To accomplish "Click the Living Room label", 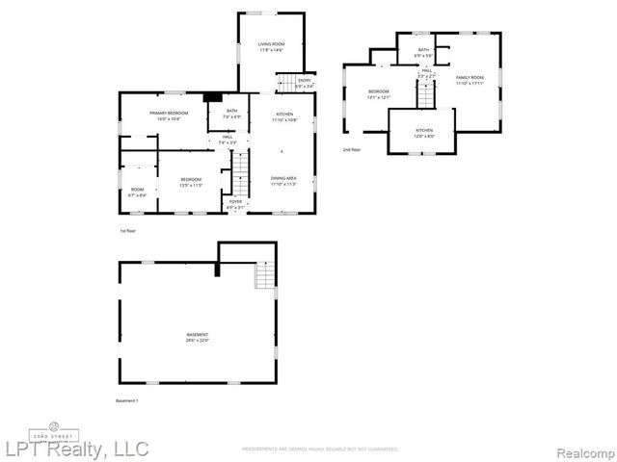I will point(271,46).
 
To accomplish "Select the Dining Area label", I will point(283,181).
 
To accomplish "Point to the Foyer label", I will point(235,204).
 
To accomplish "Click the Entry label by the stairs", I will point(305,83).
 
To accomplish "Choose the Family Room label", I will point(469,80).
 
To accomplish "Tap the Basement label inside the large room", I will point(198,337).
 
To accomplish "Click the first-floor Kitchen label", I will point(283,116).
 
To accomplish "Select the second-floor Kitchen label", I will point(424,132).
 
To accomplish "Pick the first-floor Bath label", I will point(231,114).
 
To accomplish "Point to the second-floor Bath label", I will point(423,52).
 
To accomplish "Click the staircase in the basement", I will point(265,277).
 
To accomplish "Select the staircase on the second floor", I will point(425,94).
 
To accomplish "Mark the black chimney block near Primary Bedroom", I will point(211,96).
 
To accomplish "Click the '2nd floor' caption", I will point(353,150).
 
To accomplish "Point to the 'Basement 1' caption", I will point(128,400).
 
